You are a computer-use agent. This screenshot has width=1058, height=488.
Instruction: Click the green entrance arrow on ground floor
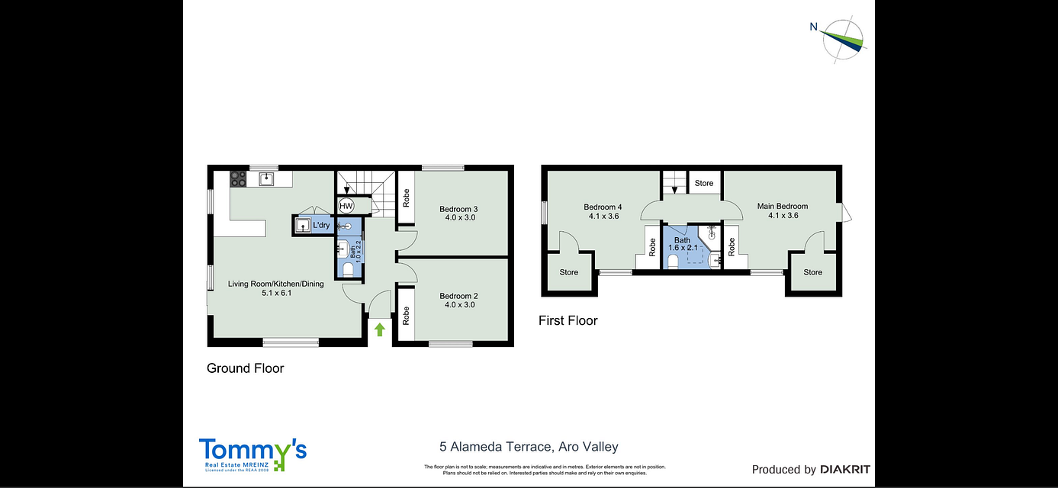379,329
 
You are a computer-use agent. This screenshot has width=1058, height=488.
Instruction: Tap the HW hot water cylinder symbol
346,206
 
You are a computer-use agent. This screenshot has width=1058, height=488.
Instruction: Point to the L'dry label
321,225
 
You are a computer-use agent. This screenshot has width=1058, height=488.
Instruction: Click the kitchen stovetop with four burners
238,179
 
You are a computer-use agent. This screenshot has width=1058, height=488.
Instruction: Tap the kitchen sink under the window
266,179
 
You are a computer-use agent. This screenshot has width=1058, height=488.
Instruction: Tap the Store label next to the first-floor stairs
704,183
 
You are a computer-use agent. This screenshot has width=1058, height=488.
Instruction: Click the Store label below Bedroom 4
569,272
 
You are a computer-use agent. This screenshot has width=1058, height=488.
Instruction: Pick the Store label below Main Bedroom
812,272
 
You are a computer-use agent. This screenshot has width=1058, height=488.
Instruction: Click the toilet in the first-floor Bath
674,262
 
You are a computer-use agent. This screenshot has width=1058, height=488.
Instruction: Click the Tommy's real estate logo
252,454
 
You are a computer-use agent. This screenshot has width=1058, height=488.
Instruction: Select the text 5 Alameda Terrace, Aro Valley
529,447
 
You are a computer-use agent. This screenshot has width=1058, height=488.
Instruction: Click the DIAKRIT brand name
844,470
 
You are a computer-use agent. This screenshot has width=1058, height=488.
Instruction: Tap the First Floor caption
568,321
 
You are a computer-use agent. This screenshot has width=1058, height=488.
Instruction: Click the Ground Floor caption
245,368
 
